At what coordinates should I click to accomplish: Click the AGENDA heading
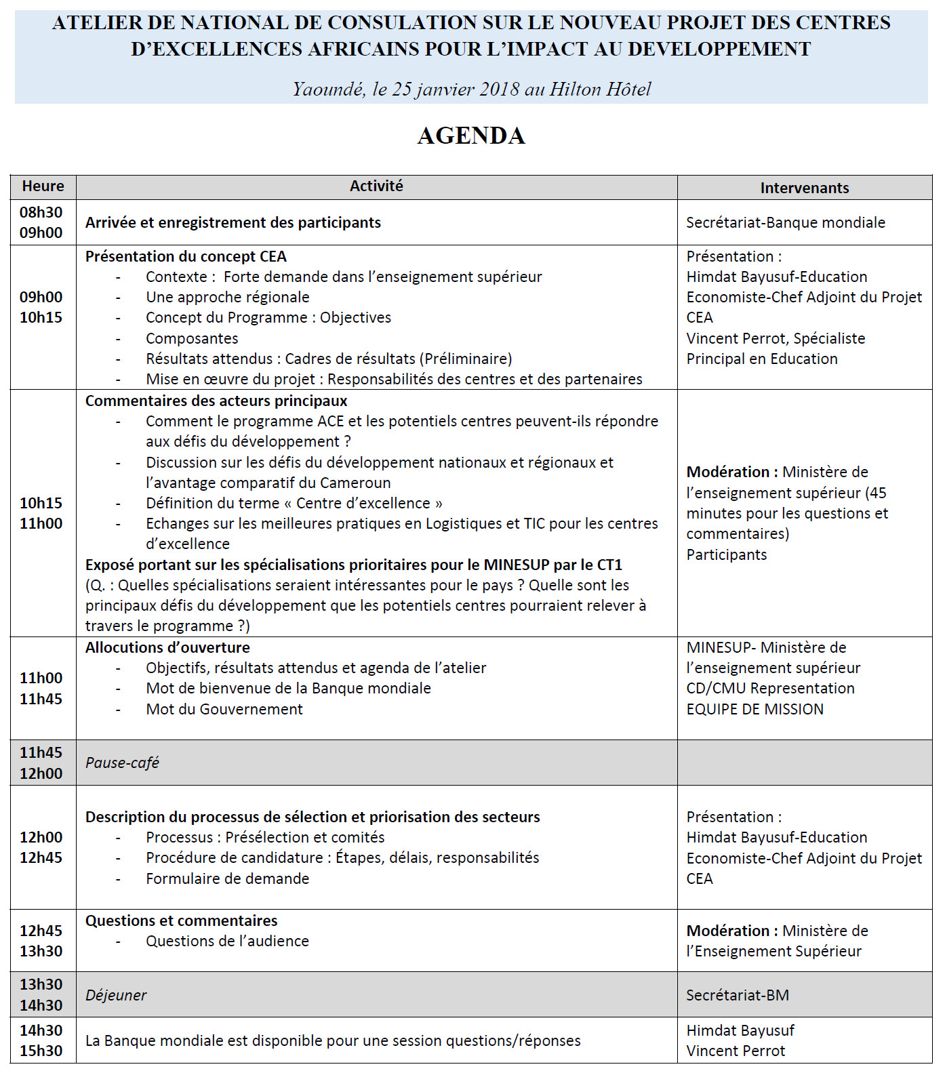(x=471, y=136)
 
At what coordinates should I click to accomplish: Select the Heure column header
(x=43, y=186)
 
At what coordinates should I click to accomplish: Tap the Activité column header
(x=376, y=186)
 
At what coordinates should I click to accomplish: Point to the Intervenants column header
(x=804, y=188)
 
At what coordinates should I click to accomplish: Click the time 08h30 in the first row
(x=41, y=212)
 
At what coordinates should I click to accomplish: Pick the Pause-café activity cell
(x=122, y=763)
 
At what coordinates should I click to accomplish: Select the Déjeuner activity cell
(x=116, y=995)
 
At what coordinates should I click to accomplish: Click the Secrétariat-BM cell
(x=738, y=995)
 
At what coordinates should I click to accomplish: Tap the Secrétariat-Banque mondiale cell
(x=785, y=222)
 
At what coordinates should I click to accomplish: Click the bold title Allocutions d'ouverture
(x=167, y=647)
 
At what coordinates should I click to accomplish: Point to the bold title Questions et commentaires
(x=181, y=920)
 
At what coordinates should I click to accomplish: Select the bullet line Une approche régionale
(x=227, y=297)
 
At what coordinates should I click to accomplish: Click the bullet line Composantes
(x=192, y=338)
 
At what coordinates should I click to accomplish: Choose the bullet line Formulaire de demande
(x=227, y=878)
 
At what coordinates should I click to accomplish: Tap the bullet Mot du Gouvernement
(x=224, y=709)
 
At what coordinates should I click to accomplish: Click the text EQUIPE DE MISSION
(x=755, y=709)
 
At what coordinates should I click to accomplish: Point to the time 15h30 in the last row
(x=41, y=1051)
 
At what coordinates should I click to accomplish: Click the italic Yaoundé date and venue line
(x=471, y=89)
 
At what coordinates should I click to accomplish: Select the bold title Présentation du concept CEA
(x=186, y=256)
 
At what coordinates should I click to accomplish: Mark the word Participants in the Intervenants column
(x=726, y=554)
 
